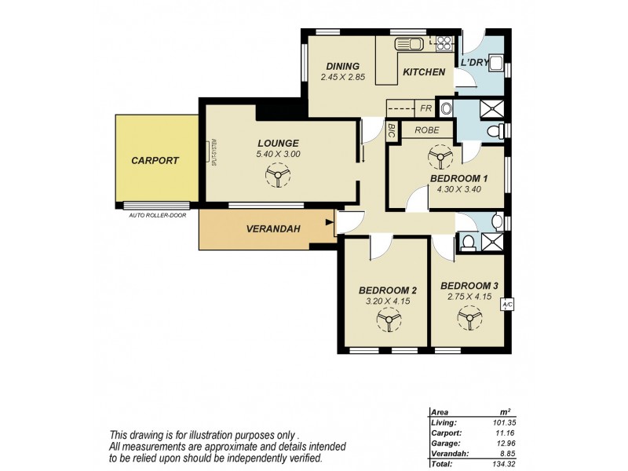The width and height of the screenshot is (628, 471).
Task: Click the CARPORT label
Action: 155,160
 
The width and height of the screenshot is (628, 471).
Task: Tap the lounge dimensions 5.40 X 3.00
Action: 278,154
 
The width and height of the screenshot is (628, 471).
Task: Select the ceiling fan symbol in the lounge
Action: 278,178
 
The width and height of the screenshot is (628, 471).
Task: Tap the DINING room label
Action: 339,66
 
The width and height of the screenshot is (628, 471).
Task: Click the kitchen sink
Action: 410,44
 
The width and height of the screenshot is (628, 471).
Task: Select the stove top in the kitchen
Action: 444,44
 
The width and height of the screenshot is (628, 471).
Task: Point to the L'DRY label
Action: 475,62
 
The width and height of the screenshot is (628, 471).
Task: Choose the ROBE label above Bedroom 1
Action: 427,130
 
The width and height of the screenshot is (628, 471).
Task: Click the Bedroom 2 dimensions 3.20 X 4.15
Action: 387,300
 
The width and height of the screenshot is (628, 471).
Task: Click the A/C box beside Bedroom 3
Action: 507,304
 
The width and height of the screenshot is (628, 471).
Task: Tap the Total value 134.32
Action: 496,463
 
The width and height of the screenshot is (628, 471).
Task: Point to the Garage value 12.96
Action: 498,442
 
